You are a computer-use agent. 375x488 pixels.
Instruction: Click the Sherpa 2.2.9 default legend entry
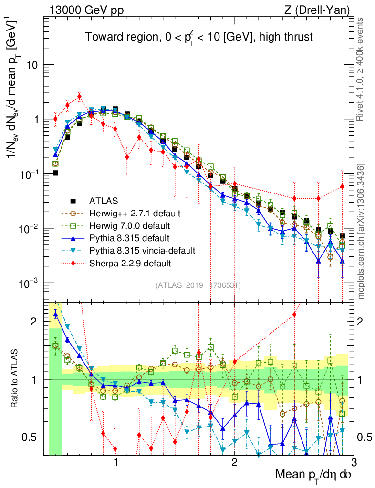[x=130, y=263]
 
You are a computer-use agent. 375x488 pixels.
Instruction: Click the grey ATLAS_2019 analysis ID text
[x=198, y=285]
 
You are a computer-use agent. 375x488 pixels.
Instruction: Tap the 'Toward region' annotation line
[x=198, y=37]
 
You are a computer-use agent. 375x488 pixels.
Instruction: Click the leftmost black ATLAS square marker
[x=55, y=173]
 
